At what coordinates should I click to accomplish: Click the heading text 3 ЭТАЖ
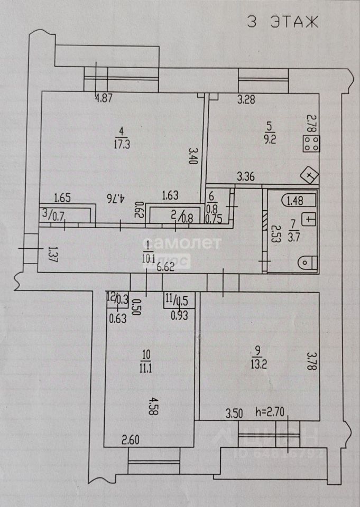283,22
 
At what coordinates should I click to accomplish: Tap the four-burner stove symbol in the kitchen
311,144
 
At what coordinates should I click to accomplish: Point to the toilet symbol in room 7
307,261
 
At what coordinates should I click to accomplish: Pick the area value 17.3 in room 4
122,143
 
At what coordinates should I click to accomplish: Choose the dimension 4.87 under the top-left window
104,97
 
